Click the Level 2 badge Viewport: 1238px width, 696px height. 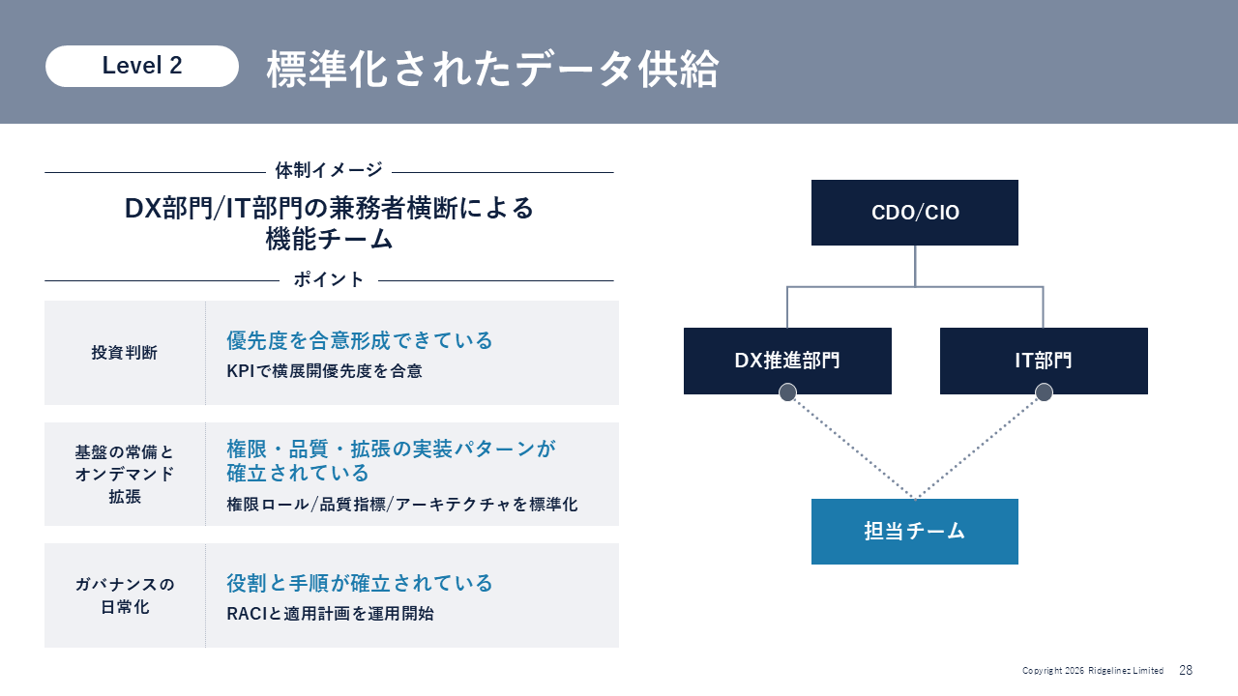tap(142, 66)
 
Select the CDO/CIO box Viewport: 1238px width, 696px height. tap(915, 212)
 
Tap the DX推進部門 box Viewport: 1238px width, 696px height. tap(787, 361)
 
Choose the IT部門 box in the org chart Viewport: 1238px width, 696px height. tap(1044, 361)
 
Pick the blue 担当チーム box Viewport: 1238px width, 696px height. tap(915, 531)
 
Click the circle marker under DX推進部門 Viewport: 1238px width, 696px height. tap(788, 392)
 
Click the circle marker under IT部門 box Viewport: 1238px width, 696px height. tap(1044, 392)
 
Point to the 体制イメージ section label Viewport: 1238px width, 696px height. tap(329, 171)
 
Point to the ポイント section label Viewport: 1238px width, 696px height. tap(329, 279)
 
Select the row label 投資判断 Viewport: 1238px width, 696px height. tap(125, 353)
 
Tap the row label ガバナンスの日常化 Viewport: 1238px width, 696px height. tap(125, 595)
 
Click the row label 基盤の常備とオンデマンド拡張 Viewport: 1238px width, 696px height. tap(125, 474)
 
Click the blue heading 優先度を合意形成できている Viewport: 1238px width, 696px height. tap(360, 340)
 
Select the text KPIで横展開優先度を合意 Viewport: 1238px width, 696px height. tap(324, 370)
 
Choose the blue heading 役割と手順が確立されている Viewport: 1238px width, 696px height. tap(360, 583)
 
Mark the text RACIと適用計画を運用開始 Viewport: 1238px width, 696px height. tap(330, 613)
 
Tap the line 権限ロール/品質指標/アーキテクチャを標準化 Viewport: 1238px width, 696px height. tap(401, 504)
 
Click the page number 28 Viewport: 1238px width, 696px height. tap(1186, 670)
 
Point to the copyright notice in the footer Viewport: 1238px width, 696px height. tap(1093, 671)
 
